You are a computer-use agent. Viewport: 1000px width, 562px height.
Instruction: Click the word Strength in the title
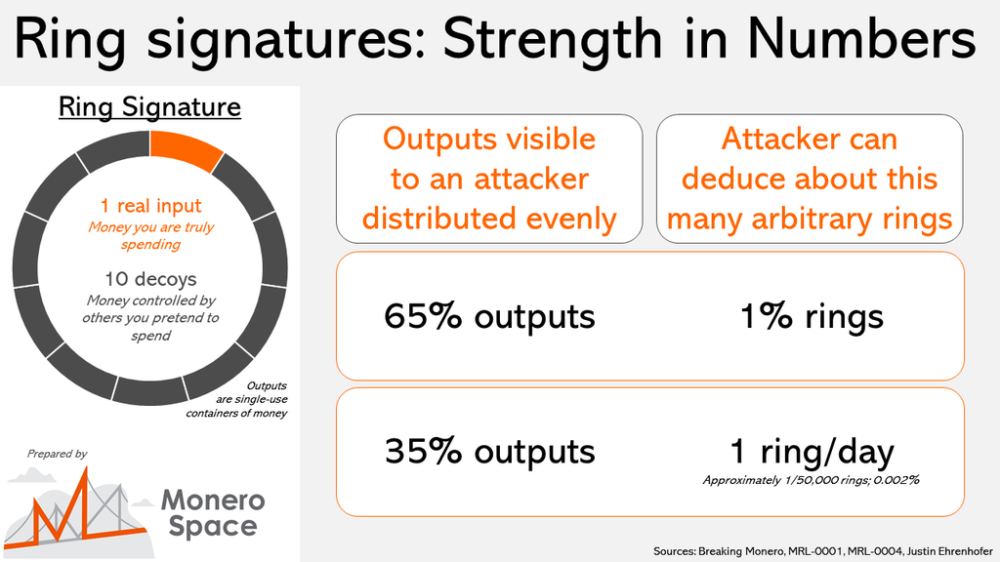(553, 39)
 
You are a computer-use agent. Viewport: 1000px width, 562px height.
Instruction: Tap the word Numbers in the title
(861, 38)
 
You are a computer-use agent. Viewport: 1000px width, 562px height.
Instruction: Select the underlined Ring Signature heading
(149, 107)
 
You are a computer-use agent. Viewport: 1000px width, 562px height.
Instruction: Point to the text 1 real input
(150, 206)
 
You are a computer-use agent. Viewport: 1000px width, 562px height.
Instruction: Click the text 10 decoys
(150, 279)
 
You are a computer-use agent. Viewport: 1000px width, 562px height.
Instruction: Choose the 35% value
(423, 451)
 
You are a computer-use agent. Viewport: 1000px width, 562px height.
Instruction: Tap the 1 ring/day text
(812, 451)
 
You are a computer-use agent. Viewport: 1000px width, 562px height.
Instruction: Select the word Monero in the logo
(212, 501)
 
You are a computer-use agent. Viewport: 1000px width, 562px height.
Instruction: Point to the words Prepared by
(57, 454)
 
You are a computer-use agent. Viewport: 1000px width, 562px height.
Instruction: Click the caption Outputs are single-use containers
(236, 399)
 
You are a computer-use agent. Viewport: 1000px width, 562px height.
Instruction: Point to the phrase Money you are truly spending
(151, 236)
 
